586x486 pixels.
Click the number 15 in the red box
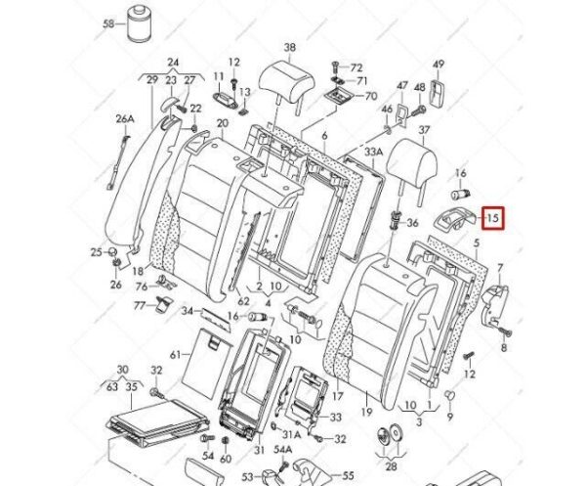click(493, 218)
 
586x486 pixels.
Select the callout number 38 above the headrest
click(290, 48)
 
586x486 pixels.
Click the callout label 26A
click(125, 119)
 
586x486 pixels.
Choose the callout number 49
click(439, 66)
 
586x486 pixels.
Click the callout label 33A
click(374, 152)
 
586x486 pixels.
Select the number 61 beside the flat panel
click(175, 354)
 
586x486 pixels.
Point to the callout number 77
click(140, 305)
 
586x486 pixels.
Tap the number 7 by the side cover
click(500, 267)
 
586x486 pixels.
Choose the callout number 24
click(173, 62)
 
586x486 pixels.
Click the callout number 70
click(370, 97)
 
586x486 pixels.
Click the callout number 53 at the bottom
click(246, 475)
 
